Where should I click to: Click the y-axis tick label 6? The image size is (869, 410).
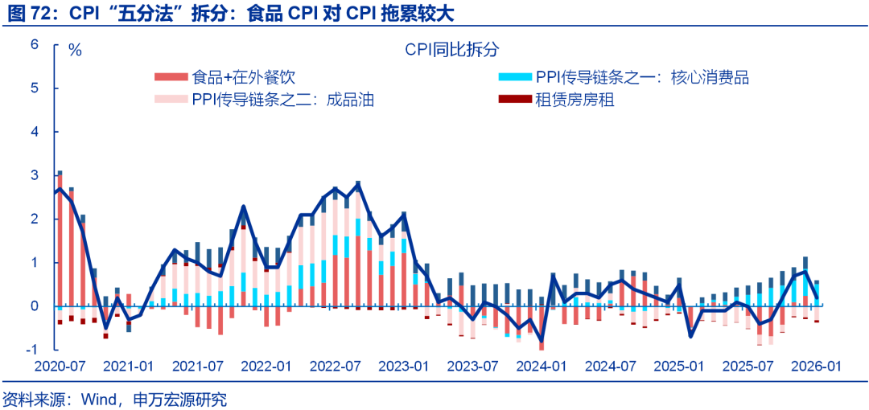[x=35, y=44]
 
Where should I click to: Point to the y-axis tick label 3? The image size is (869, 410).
[x=35, y=175]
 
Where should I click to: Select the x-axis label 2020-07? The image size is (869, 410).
[x=59, y=366]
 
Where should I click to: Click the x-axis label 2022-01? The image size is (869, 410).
[x=266, y=366]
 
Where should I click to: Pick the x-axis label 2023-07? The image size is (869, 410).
[x=472, y=366]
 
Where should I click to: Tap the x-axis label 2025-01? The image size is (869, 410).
[x=679, y=366]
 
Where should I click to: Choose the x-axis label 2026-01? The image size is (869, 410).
[x=816, y=366]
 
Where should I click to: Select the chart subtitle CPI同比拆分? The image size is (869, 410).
[x=452, y=50]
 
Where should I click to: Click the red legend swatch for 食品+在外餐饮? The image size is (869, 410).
[x=171, y=77]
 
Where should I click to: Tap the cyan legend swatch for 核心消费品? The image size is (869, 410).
[x=515, y=77]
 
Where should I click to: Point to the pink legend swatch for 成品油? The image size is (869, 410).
[x=171, y=100]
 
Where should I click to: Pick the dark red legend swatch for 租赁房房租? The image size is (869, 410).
[x=515, y=100]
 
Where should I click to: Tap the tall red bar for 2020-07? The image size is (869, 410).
[x=59, y=241]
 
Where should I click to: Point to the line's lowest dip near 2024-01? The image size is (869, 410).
[x=542, y=343]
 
